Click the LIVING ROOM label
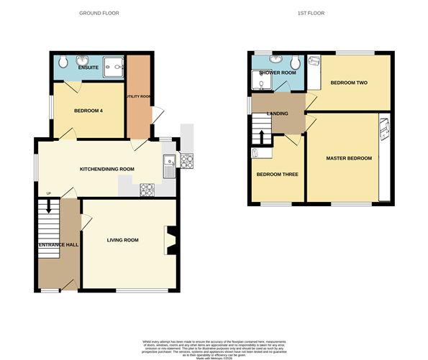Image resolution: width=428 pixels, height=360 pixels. [123, 240]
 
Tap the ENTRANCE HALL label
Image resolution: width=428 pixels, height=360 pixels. [58, 245]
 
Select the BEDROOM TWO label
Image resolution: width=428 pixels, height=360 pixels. [348, 83]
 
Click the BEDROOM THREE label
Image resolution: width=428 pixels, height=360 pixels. [277, 175]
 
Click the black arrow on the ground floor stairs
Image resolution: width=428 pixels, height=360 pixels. [49, 206]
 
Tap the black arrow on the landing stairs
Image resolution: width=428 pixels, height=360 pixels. [261, 136]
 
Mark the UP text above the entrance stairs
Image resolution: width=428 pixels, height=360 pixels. [48, 194]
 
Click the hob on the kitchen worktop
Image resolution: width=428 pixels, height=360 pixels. [147, 190]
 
